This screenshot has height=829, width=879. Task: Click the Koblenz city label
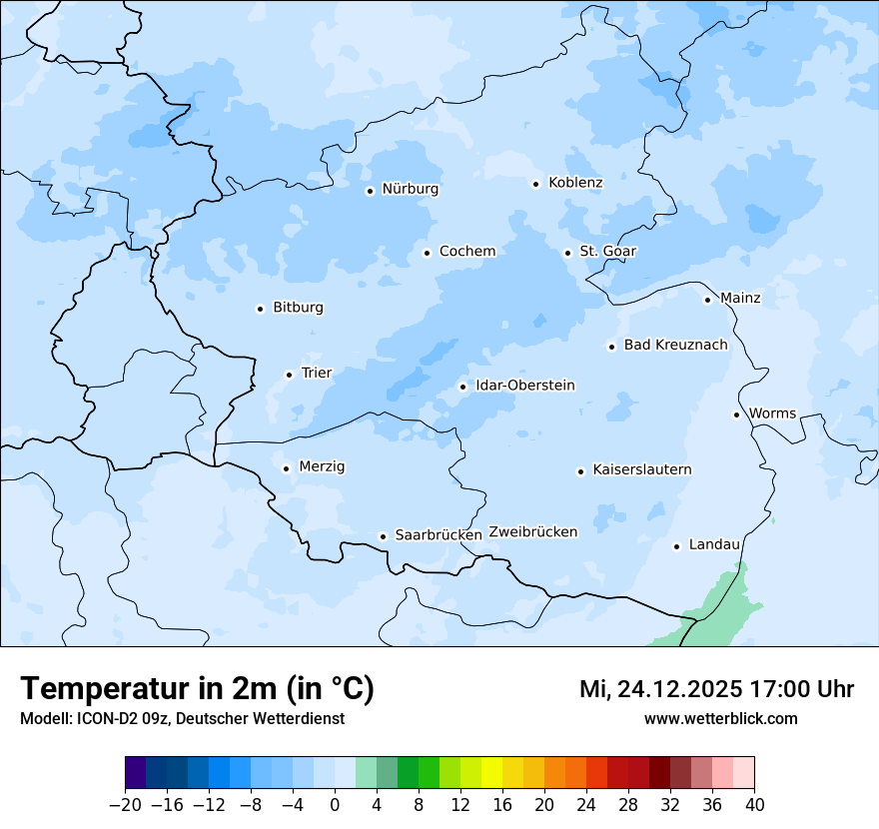click(575, 183)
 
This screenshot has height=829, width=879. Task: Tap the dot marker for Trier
click(290, 375)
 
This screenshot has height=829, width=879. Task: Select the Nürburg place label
click(410, 189)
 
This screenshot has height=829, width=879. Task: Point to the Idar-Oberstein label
click(525, 386)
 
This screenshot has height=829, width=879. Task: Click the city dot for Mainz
click(707, 300)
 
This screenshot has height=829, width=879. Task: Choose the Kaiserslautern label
click(642, 469)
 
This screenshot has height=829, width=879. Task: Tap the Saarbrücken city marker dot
click(383, 536)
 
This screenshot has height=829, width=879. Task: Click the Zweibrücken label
click(532, 532)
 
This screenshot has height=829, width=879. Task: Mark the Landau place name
click(714, 544)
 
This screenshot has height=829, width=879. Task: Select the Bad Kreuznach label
click(675, 345)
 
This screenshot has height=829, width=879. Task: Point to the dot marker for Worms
click(736, 414)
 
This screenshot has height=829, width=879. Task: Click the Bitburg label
click(298, 308)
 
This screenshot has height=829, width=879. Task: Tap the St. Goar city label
click(607, 251)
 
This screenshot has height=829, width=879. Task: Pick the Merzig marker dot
click(286, 468)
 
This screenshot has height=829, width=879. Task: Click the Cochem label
click(466, 252)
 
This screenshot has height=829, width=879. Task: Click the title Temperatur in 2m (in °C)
click(197, 689)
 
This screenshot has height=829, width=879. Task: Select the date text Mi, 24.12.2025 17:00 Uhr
click(716, 689)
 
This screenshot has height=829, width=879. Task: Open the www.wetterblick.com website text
click(720, 718)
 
